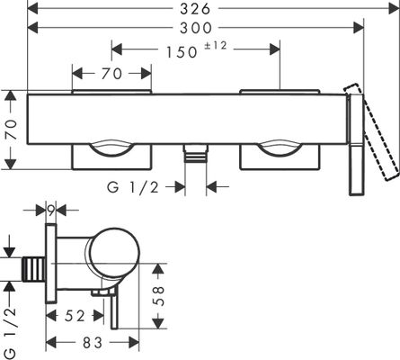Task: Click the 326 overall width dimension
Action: [x=195, y=9]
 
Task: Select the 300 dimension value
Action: [x=196, y=28]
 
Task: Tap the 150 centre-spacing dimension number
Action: [x=182, y=52]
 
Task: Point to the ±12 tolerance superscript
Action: [x=216, y=46]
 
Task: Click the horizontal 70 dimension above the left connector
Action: [x=111, y=74]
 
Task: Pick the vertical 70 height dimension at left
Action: [x=13, y=130]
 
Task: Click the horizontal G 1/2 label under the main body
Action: [x=133, y=188]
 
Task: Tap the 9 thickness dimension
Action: [x=51, y=211]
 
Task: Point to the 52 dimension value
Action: [x=75, y=316]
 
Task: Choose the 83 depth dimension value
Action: [x=93, y=343]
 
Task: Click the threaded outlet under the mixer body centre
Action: [x=196, y=153]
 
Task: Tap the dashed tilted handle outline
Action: [x=372, y=132]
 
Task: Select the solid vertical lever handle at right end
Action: [x=356, y=145]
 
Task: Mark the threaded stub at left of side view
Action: [x=34, y=269]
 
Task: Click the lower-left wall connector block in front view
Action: [x=111, y=157]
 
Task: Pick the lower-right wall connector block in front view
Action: [x=280, y=157]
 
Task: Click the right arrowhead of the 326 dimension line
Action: [x=394, y=9]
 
